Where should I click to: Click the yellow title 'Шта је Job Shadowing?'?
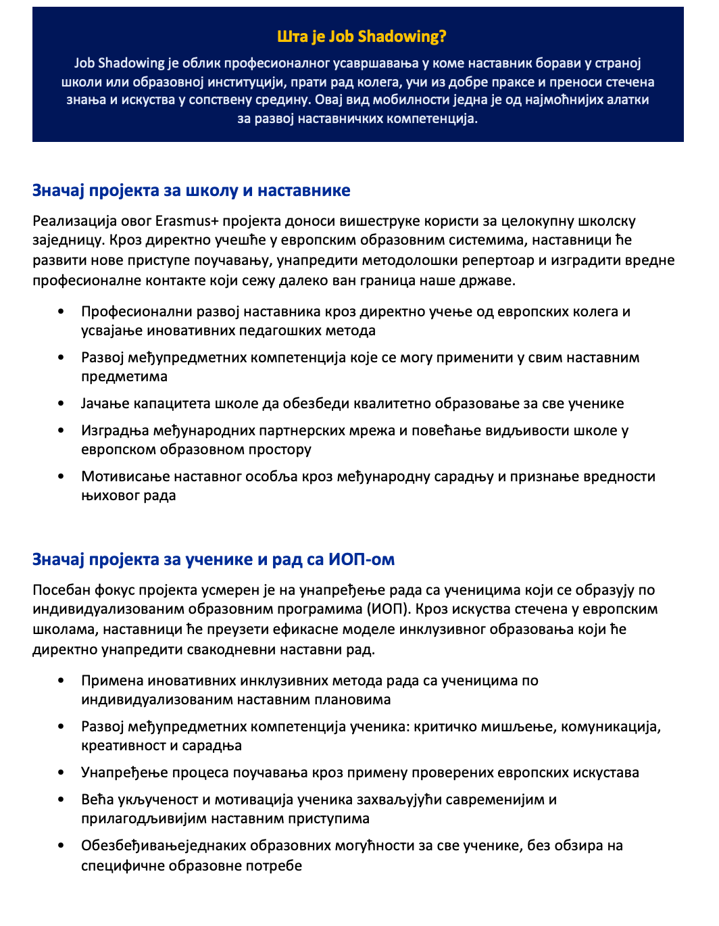362,36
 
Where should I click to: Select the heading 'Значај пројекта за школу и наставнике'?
191,191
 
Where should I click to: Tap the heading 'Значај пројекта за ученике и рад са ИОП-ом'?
214,560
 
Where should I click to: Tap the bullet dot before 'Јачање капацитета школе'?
61,404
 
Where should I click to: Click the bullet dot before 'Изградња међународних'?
61,431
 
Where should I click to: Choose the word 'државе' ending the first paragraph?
491,280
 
